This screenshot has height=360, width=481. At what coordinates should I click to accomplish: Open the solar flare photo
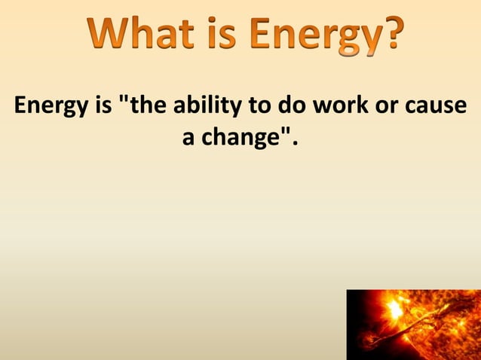413,325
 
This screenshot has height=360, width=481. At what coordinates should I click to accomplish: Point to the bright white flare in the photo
393,309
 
